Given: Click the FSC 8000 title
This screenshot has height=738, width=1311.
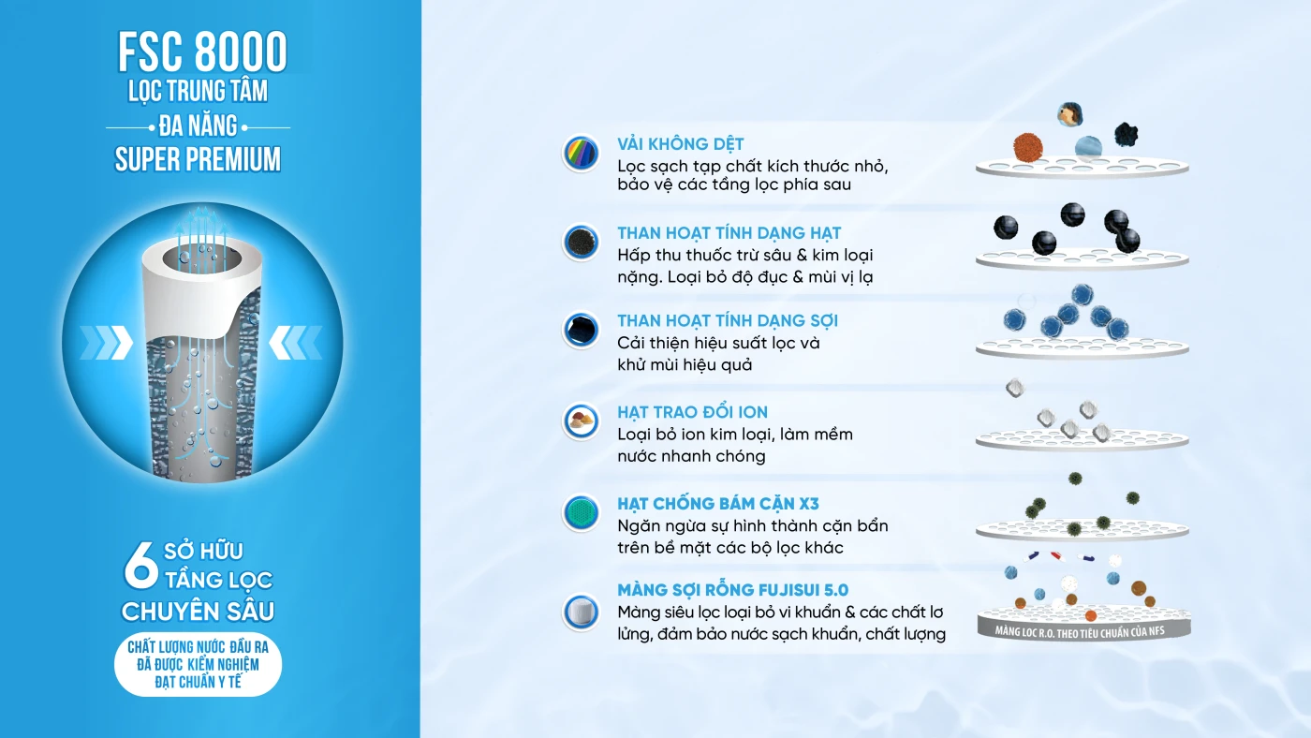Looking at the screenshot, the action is pyautogui.click(x=202, y=52).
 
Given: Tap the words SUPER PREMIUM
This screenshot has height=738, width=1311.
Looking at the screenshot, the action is pyautogui.click(x=198, y=159).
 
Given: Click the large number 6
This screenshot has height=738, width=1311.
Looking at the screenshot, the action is pyautogui.click(x=140, y=565).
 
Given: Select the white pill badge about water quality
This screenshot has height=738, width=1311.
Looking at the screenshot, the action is pyautogui.click(x=198, y=664).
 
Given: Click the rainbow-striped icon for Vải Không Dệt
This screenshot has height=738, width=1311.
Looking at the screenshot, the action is pyautogui.click(x=581, y=154).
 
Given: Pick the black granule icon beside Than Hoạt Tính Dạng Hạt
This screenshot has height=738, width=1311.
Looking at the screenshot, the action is pyautogui.click(x=581, y=243).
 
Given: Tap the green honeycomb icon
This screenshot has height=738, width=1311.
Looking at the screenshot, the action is pyautogui.click(x=581, y=512).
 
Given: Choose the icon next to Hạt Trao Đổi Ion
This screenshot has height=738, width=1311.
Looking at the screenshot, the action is pyautogui.click(x=581, y=421).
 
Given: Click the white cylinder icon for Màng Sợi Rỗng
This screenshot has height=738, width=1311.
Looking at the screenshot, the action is pyautogui.click(x=581, y=613).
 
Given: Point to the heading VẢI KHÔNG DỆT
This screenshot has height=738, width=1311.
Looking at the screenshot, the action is pyautogui.click(x=680, y=144).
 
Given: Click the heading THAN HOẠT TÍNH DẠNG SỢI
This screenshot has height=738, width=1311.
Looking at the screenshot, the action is pyautogui.click(x=728, y=320).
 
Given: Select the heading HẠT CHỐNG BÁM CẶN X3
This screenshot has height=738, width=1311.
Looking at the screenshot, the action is pyautogui.click(x=718, y=503).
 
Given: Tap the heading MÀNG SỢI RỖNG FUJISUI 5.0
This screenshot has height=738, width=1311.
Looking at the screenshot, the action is pyautogui.click(x=732, y=589).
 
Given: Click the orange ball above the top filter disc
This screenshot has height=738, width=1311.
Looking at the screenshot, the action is pyautogui.click(x=1028, y=146).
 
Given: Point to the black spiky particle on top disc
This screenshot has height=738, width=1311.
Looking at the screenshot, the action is pyautogui.click(x=1126, y=135).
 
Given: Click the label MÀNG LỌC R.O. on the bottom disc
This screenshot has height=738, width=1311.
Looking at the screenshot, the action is pyautogui.click(x=1080, y=631).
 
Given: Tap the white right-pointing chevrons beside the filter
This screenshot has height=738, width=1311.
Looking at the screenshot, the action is pyautogui.click(x=107, y=343).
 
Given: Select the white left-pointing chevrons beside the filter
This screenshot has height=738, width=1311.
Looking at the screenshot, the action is pyautogui.click(x=296, y=343).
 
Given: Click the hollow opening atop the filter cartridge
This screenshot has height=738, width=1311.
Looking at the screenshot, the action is pyautogui.click(x=202, y=259).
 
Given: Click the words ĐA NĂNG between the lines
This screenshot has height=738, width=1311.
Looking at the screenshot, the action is pyautogui.click(x=198, y=126).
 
